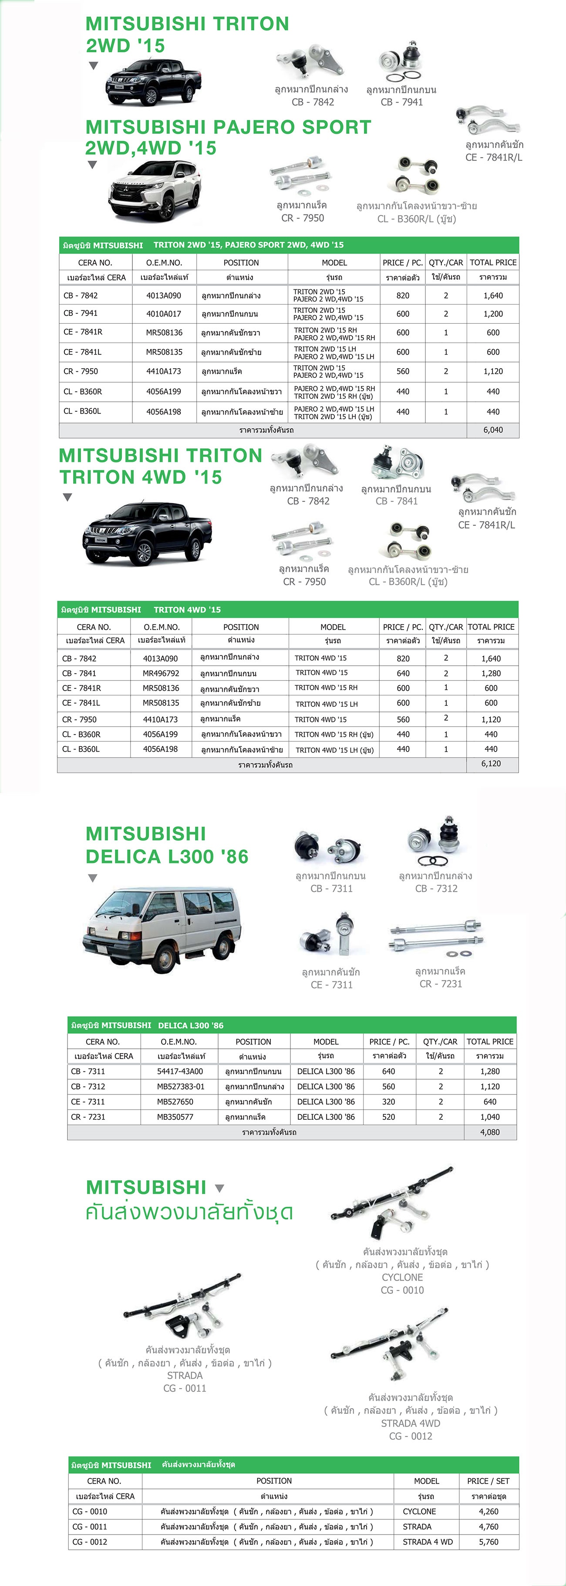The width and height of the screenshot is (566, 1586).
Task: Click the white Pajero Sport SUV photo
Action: (155, 190)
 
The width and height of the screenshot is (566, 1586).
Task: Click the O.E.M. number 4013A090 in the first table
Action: (164, 295)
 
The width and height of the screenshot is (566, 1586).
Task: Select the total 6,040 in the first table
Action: (493, 430)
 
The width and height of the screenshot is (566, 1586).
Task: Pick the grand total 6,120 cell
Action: (491, 763)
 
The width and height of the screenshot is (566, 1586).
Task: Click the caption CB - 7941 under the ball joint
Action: (402, 102)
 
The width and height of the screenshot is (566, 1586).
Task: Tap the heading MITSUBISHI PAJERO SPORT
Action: (228, 127)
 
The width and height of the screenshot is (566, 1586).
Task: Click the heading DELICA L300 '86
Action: (167, 857)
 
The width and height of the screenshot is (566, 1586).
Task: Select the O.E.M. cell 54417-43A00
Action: (180, 1071)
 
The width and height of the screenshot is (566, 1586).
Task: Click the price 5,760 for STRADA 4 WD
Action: (489, 1542)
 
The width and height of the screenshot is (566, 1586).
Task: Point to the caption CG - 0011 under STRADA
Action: (185, 1388)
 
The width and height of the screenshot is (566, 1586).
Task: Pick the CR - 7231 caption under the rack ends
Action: (441, 984)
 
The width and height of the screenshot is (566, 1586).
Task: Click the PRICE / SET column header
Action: (488, 1481)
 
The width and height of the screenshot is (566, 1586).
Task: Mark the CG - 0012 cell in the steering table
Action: (90, 1542)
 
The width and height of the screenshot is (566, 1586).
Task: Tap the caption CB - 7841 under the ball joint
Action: (396, 501)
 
